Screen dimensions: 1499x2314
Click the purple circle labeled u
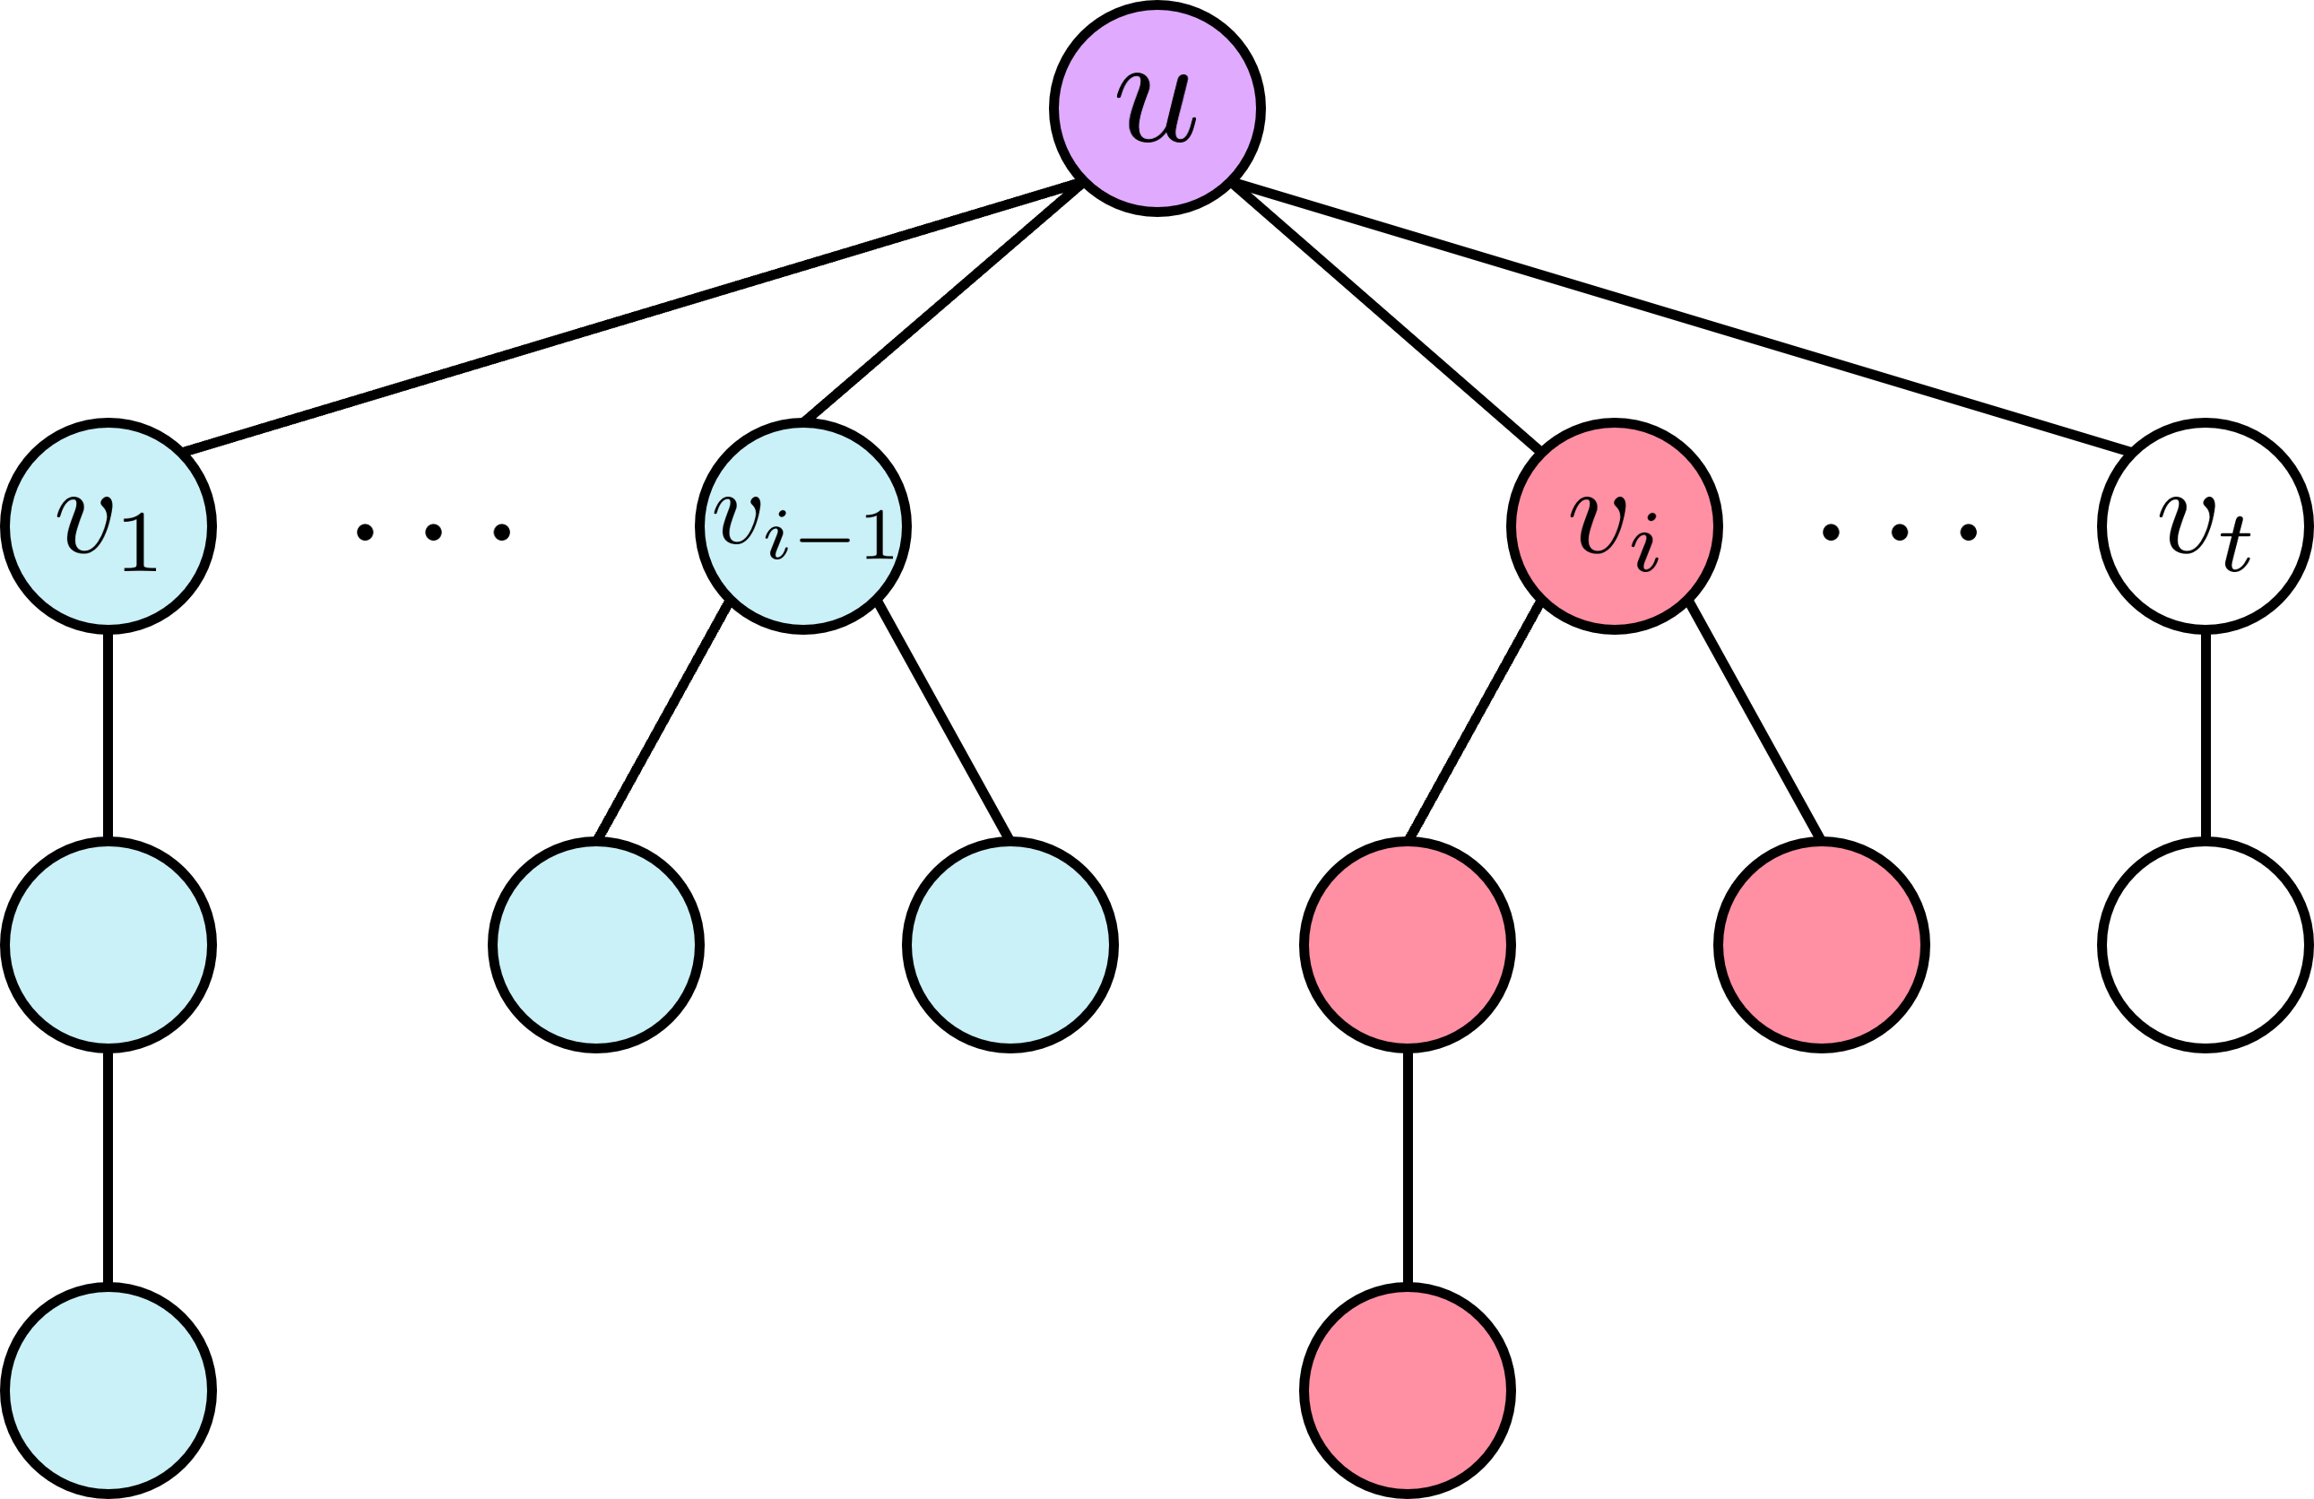[x=1157, y=108]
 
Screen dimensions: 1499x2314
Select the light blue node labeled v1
[x=108, y=526]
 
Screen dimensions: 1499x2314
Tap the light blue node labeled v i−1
[x=803, y=526]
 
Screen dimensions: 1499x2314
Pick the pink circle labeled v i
[x=1614, y=526]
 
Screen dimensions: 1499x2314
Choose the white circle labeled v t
[x=2206, y=526]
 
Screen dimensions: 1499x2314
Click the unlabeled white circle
[x=2206, y=945]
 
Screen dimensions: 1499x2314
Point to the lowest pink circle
[x=1407, y=1391]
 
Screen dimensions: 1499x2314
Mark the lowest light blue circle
[x=108, y=1391]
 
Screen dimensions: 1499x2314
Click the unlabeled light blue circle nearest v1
[x=108, y=945]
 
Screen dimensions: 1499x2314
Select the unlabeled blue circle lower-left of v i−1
[x=596, y=945]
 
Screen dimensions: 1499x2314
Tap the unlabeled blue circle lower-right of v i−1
[x=1010, y=945]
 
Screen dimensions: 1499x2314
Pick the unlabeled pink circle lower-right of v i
[x=1821, y=945]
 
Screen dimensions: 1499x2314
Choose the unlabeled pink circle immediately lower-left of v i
[x=1407, y=945]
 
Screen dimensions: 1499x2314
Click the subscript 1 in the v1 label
[x=140, y=542]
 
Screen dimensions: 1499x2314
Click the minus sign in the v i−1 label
[x=825, y=541]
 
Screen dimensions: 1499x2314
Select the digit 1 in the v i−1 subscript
[x=880, y=535]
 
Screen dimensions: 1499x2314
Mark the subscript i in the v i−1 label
[x=776, y=538]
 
